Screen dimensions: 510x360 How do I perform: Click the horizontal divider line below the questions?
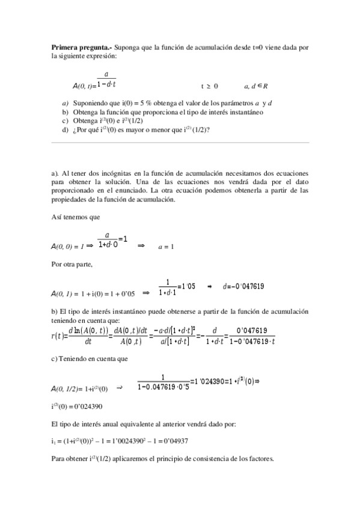(180, 143)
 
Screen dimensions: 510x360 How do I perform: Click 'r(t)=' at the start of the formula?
(59, 336)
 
